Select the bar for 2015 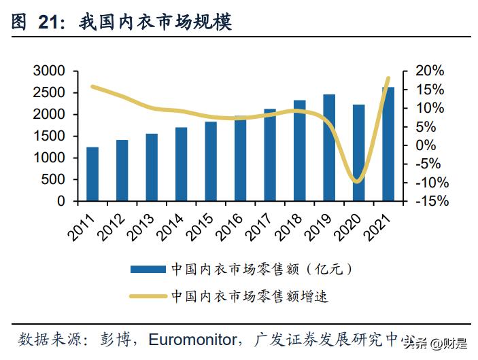pyautogui.click(x=211, y=161)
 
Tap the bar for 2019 pyautogui.click(x=329, y=147)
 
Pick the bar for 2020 pyautogui.click(x=358, y=153)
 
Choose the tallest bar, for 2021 pyautogui.click(x=388, y=144)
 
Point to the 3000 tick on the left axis pyautogui.click(x=48, y=71)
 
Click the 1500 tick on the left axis pyautogui.click(x=48, y=136)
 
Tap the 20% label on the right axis pyautogui.click(x=429, y=71)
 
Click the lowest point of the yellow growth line pyautogui.click(x=357, y=181)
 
